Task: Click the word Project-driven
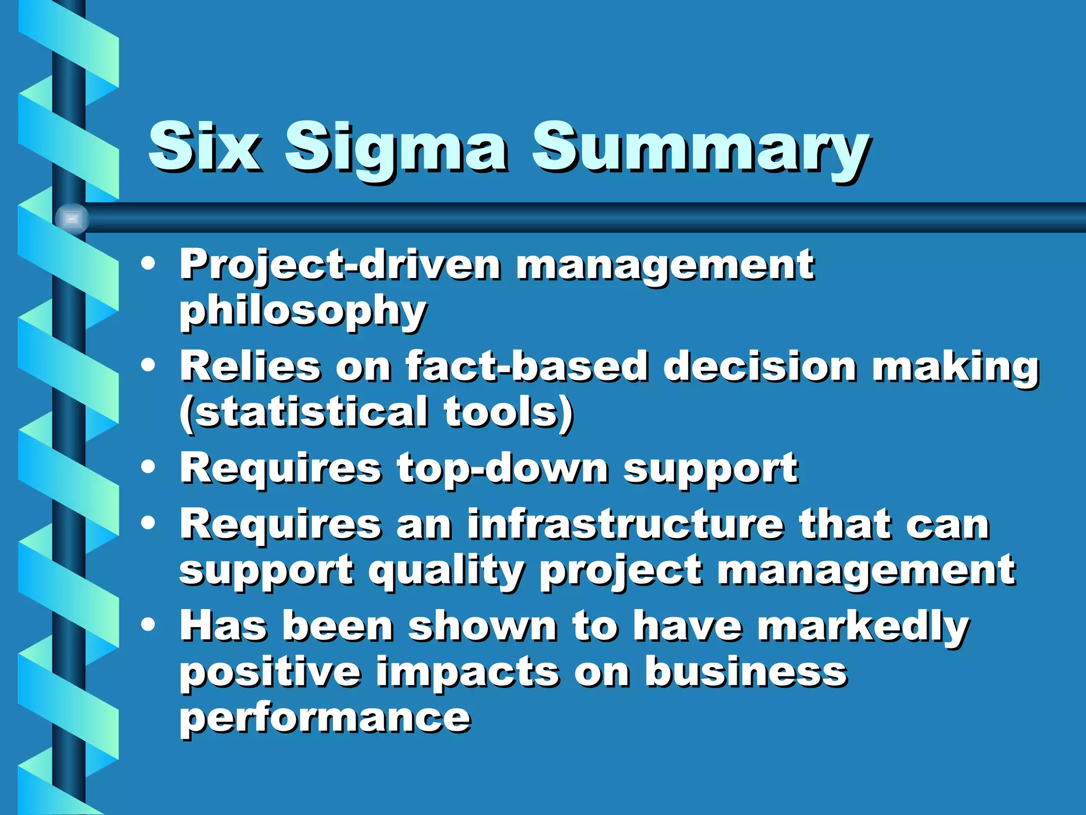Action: tap(339, 265)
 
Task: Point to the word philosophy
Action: tap(303, 312)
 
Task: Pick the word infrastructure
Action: tap(625, 525)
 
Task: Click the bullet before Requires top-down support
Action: tap(148, 467)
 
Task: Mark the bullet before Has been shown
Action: tap(148, 625)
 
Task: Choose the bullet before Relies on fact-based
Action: tap(148, 365)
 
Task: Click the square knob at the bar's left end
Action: tap(72, 219)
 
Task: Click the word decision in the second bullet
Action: tap(759, 367)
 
